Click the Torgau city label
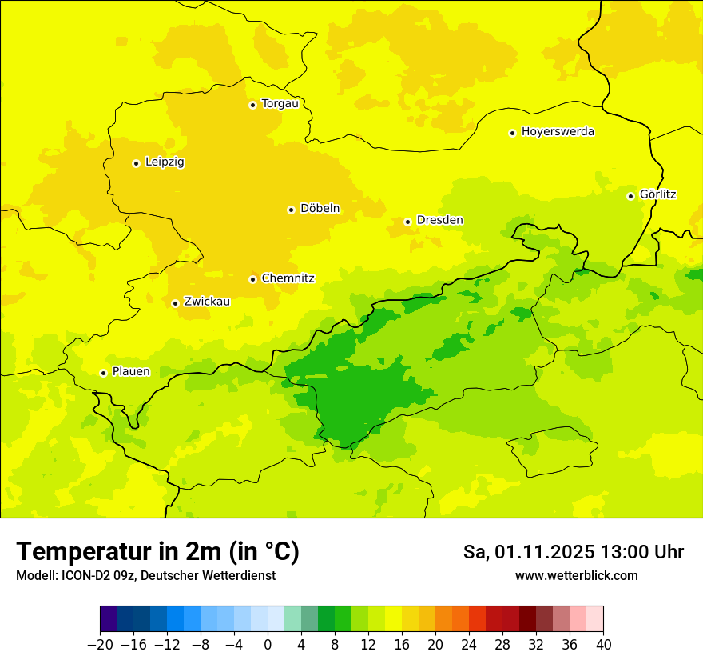click(x=280, y=104)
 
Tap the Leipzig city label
click(x=165, y=162)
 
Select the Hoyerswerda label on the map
click(x=558, y=132)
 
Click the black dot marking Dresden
click(x=407, y=222)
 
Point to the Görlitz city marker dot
click(x=630, y=196)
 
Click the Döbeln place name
click(x=320, y=209)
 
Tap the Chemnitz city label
click(x=288, y=278)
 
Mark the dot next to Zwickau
click(x=175, y=303)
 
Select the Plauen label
click(x=131, y=372)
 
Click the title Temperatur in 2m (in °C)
click(x=157, y=551)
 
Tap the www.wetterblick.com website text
click(x=576, y=575)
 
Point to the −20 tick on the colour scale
click(x=100, y=645)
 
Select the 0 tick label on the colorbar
click(x=268, y=645)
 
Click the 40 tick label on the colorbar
click(x=603, y=645)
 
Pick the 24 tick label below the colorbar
click(x=469, y=645)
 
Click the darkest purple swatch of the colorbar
click(x=108, y=619)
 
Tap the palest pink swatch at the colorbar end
click(x=594, y=619)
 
